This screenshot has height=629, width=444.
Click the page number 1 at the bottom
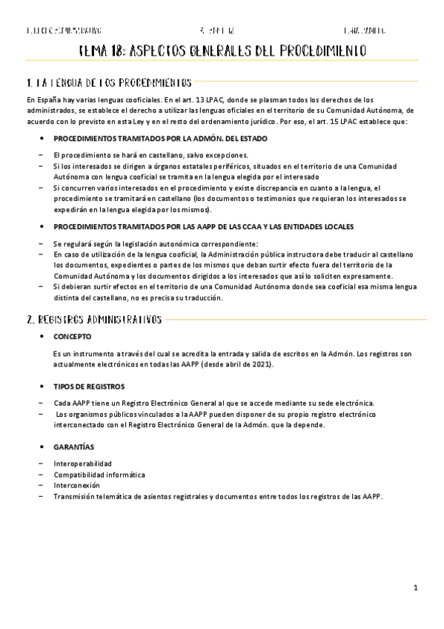[x=416, y=587]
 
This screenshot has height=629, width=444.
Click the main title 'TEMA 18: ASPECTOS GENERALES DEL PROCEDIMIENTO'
[x=222, y=51]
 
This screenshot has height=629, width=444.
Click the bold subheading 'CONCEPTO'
[x=73, y=336]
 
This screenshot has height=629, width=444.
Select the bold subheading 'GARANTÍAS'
[x=74, y=447]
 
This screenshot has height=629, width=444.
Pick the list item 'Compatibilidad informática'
[x=99, y=474]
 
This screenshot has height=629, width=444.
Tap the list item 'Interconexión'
[x=76, y=485]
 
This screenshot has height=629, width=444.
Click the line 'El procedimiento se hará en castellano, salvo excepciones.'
[x=156, y=154]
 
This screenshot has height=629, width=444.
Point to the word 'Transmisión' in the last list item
[x=74, y=496]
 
